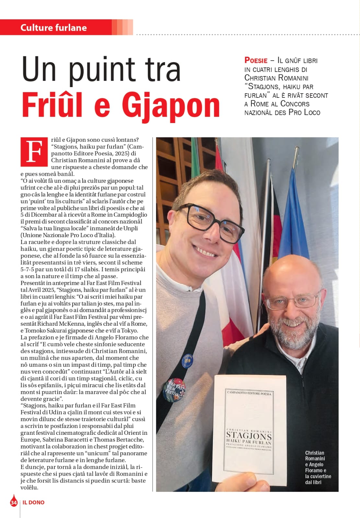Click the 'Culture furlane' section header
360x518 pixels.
pyautogui.click(x=53, y=28)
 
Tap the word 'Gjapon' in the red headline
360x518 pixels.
pyautogui.click(x=171, y=106)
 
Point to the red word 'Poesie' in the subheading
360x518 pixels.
pyautogui.click(x=256, y=61)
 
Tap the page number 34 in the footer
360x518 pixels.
pyautogui.click(x=14, y=502)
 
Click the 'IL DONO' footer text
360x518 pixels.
pyautogui.click(x=33, y=502)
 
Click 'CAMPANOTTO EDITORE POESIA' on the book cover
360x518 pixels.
pyautogui.click(x=249, y=393)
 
